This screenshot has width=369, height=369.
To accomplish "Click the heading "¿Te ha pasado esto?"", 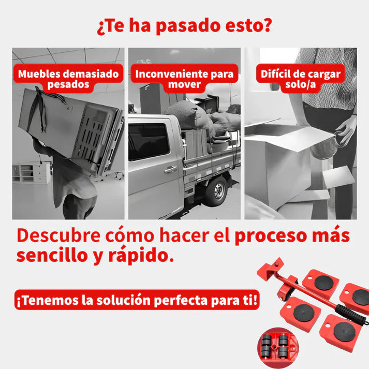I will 184,26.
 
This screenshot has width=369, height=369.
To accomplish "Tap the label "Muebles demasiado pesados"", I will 68,79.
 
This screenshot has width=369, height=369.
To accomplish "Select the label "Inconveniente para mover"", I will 185,79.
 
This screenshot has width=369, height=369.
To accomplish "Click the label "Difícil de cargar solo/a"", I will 300,79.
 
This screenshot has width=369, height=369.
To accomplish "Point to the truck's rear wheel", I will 215,190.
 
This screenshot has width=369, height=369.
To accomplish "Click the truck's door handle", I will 171,169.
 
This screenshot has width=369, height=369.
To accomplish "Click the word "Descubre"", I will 58,236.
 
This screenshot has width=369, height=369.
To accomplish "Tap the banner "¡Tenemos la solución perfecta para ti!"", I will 137,301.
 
